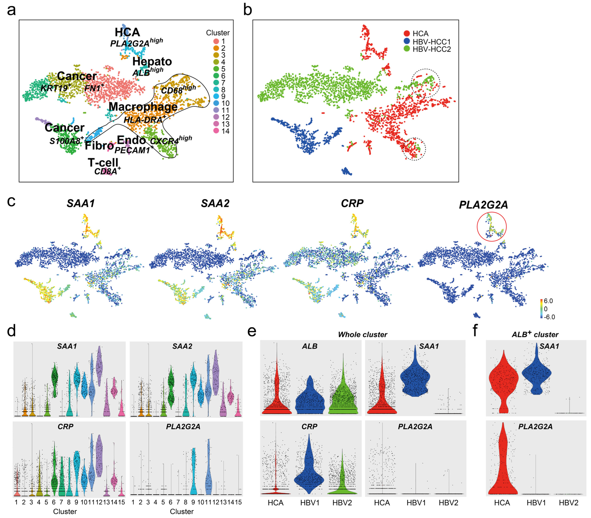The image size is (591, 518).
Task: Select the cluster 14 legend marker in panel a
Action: coord(216,131)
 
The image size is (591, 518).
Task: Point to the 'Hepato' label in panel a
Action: coord(152,61)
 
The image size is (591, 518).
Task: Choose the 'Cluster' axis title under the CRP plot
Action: coord(65,512)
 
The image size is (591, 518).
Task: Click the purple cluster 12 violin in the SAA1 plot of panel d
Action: coord(99,366)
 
